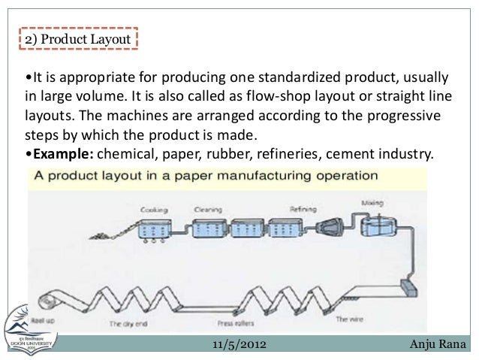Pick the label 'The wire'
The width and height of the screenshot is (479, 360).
350,319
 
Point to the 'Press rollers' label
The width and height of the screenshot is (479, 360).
234,324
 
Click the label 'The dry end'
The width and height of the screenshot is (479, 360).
125,324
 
